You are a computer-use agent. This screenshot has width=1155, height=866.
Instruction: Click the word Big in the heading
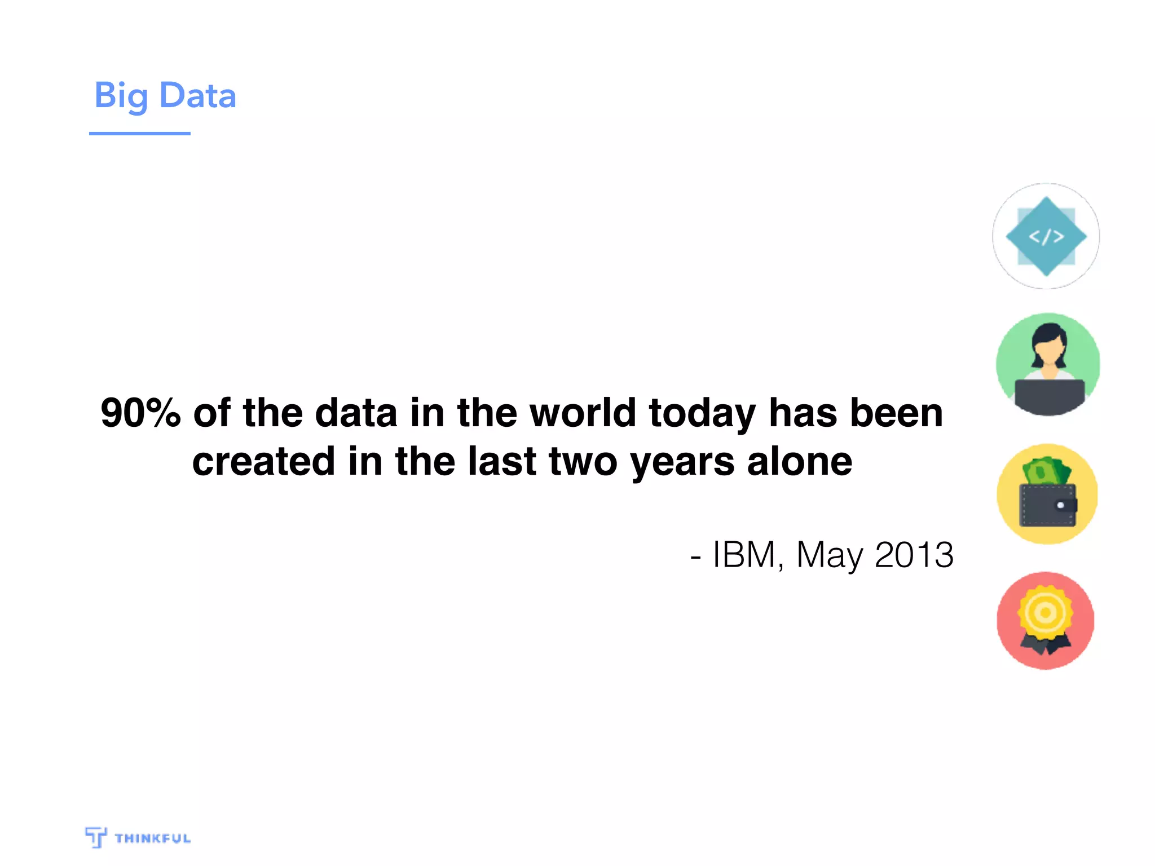tap(120, 96)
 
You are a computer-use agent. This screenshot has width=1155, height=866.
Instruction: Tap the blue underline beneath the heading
tap(139, 134)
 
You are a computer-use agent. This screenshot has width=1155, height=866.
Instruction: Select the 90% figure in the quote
tap(140, 413)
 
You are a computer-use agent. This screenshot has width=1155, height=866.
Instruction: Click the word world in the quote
tap(583, 413)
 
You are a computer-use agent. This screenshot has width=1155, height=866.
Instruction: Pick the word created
tap(263, 461)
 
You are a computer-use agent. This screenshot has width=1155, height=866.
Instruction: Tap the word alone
tap(799, 461)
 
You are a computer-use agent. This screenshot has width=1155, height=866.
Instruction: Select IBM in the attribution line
tap(744, 554)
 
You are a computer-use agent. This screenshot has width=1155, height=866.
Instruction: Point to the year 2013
tap(914, 554)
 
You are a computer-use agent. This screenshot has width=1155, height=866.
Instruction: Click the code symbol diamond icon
tap(1046, 236)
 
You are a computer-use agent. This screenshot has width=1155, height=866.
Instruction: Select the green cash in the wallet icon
tap(1047, 471)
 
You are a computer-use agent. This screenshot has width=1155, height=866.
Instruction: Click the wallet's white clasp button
tap(1060, 505)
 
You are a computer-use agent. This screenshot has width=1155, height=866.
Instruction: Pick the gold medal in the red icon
tap(1045, 613)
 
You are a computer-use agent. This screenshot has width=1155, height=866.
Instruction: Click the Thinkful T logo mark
tap(96, 837)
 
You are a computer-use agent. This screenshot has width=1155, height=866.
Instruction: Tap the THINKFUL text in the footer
tap(152, 838)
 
